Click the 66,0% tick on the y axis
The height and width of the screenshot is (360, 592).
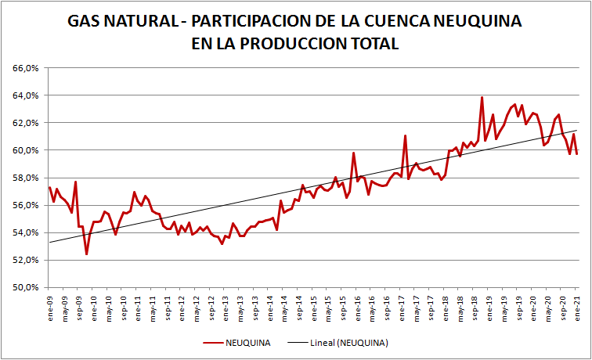click(27, 68)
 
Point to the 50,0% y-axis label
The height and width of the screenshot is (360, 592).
click(27, 287)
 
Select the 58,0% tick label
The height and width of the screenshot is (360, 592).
click(27, 178)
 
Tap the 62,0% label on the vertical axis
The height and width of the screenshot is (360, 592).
click(27, 123)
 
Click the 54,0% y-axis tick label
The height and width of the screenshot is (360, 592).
click(27, 232)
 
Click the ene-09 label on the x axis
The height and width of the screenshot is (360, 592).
click(49, 305)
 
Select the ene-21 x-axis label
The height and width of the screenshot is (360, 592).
click(579, 305)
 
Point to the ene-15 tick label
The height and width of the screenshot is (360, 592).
click(314, 305)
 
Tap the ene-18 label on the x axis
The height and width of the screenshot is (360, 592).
click(446, 305)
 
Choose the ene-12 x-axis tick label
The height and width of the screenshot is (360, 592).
click(182, 305)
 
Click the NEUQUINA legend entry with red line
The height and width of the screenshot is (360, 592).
click(240, 343)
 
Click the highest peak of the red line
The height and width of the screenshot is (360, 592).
click(482, 97)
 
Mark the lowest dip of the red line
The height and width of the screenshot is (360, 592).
click(86, 254)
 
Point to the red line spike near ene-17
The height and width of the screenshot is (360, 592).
click(405, 136)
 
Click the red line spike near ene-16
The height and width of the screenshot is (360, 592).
click(353, 153)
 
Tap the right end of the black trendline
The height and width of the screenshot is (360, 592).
click(577, 131)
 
